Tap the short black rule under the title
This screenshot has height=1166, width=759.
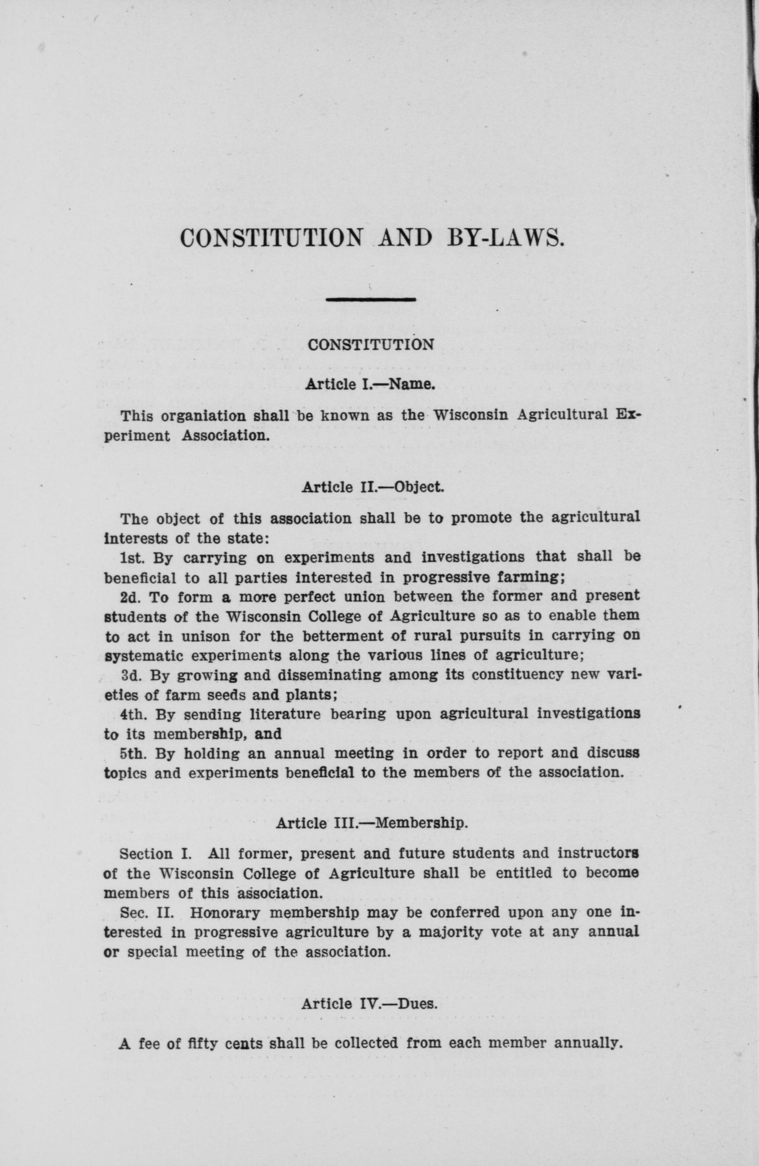click(x=371, y=299)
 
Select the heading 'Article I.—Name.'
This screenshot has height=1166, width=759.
click(x=370, y=383)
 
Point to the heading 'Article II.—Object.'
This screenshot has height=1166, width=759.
click(x=373, y=487)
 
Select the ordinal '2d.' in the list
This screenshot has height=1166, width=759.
click(x=131, y=597)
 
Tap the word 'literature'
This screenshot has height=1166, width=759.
click(x=284, y=715)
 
